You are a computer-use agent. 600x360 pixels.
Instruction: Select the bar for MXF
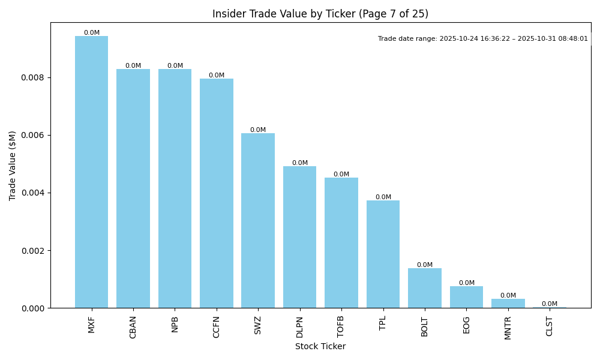91,172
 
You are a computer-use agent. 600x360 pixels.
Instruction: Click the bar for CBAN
133,188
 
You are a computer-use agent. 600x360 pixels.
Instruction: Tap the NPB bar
175,188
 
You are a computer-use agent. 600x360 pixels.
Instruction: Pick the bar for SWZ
258,221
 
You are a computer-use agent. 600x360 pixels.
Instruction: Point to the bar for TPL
383,254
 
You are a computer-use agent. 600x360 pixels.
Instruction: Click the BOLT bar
425,288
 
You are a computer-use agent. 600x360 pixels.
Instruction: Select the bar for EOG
466,297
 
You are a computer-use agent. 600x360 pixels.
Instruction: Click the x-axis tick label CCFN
217,327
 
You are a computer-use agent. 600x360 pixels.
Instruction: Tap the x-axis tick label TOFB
341,327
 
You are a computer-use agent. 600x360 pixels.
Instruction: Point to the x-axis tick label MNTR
508,328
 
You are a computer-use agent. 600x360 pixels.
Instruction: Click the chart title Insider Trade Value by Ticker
320,14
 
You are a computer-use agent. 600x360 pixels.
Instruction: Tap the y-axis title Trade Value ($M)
13,165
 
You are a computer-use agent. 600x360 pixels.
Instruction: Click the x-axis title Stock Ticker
320,346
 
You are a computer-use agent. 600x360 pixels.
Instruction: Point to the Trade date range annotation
482,38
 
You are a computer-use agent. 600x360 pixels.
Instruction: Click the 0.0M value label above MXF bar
92,33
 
